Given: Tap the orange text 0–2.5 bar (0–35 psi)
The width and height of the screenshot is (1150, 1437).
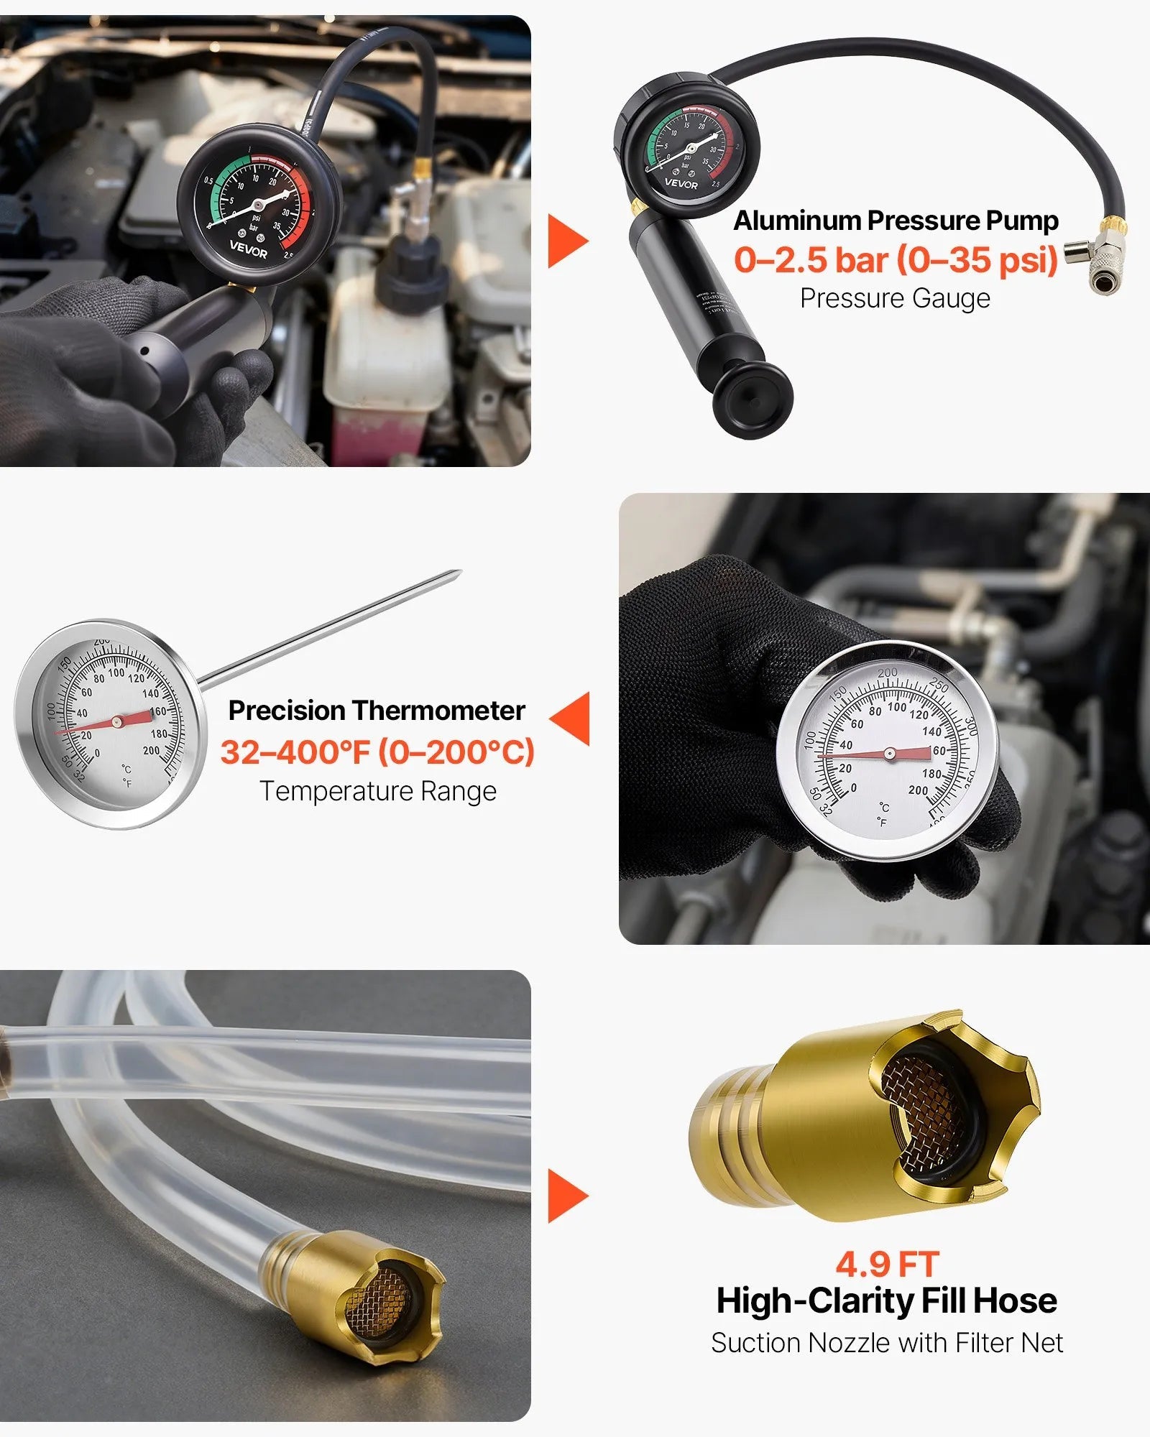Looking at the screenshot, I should tap(896, 259).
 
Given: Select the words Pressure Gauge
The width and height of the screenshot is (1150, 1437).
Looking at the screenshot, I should tap(895, 298).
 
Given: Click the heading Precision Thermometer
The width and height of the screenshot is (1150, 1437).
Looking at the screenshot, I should tap(377, 711).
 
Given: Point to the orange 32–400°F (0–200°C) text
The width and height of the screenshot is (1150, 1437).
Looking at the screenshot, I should tap(377, 752).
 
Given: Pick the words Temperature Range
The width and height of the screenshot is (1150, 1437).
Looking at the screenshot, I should tap(378, 791).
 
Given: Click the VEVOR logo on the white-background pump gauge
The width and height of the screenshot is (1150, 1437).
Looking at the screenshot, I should tap(681, 184).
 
